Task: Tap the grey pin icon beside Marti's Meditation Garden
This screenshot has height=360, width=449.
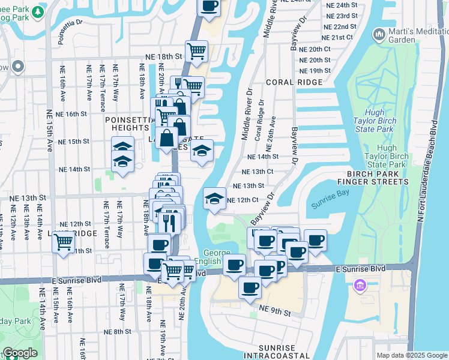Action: pos(379,35)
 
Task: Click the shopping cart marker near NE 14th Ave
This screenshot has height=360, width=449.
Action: pos(63,243)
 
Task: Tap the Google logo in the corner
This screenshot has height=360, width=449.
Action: pos(20,353)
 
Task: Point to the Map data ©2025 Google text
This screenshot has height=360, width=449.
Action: pos(411,355)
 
